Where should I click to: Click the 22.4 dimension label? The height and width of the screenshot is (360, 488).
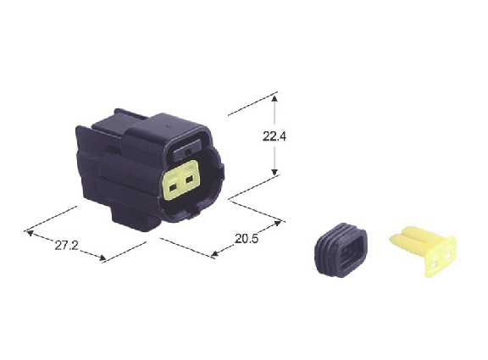coord(274,136)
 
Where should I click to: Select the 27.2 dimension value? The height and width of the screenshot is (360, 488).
coord(66,246)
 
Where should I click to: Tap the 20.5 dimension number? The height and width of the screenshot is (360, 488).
coord(247,239)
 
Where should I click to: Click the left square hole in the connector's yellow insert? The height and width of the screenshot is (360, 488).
coord(173,187)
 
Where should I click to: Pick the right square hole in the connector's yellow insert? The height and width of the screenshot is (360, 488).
coord(189,180)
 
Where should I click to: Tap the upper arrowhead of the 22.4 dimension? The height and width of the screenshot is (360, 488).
coord(274,98)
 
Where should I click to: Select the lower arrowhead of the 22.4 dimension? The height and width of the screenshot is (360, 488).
coord(274,172)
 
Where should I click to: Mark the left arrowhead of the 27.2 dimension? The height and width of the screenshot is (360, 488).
coord(30,233)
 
